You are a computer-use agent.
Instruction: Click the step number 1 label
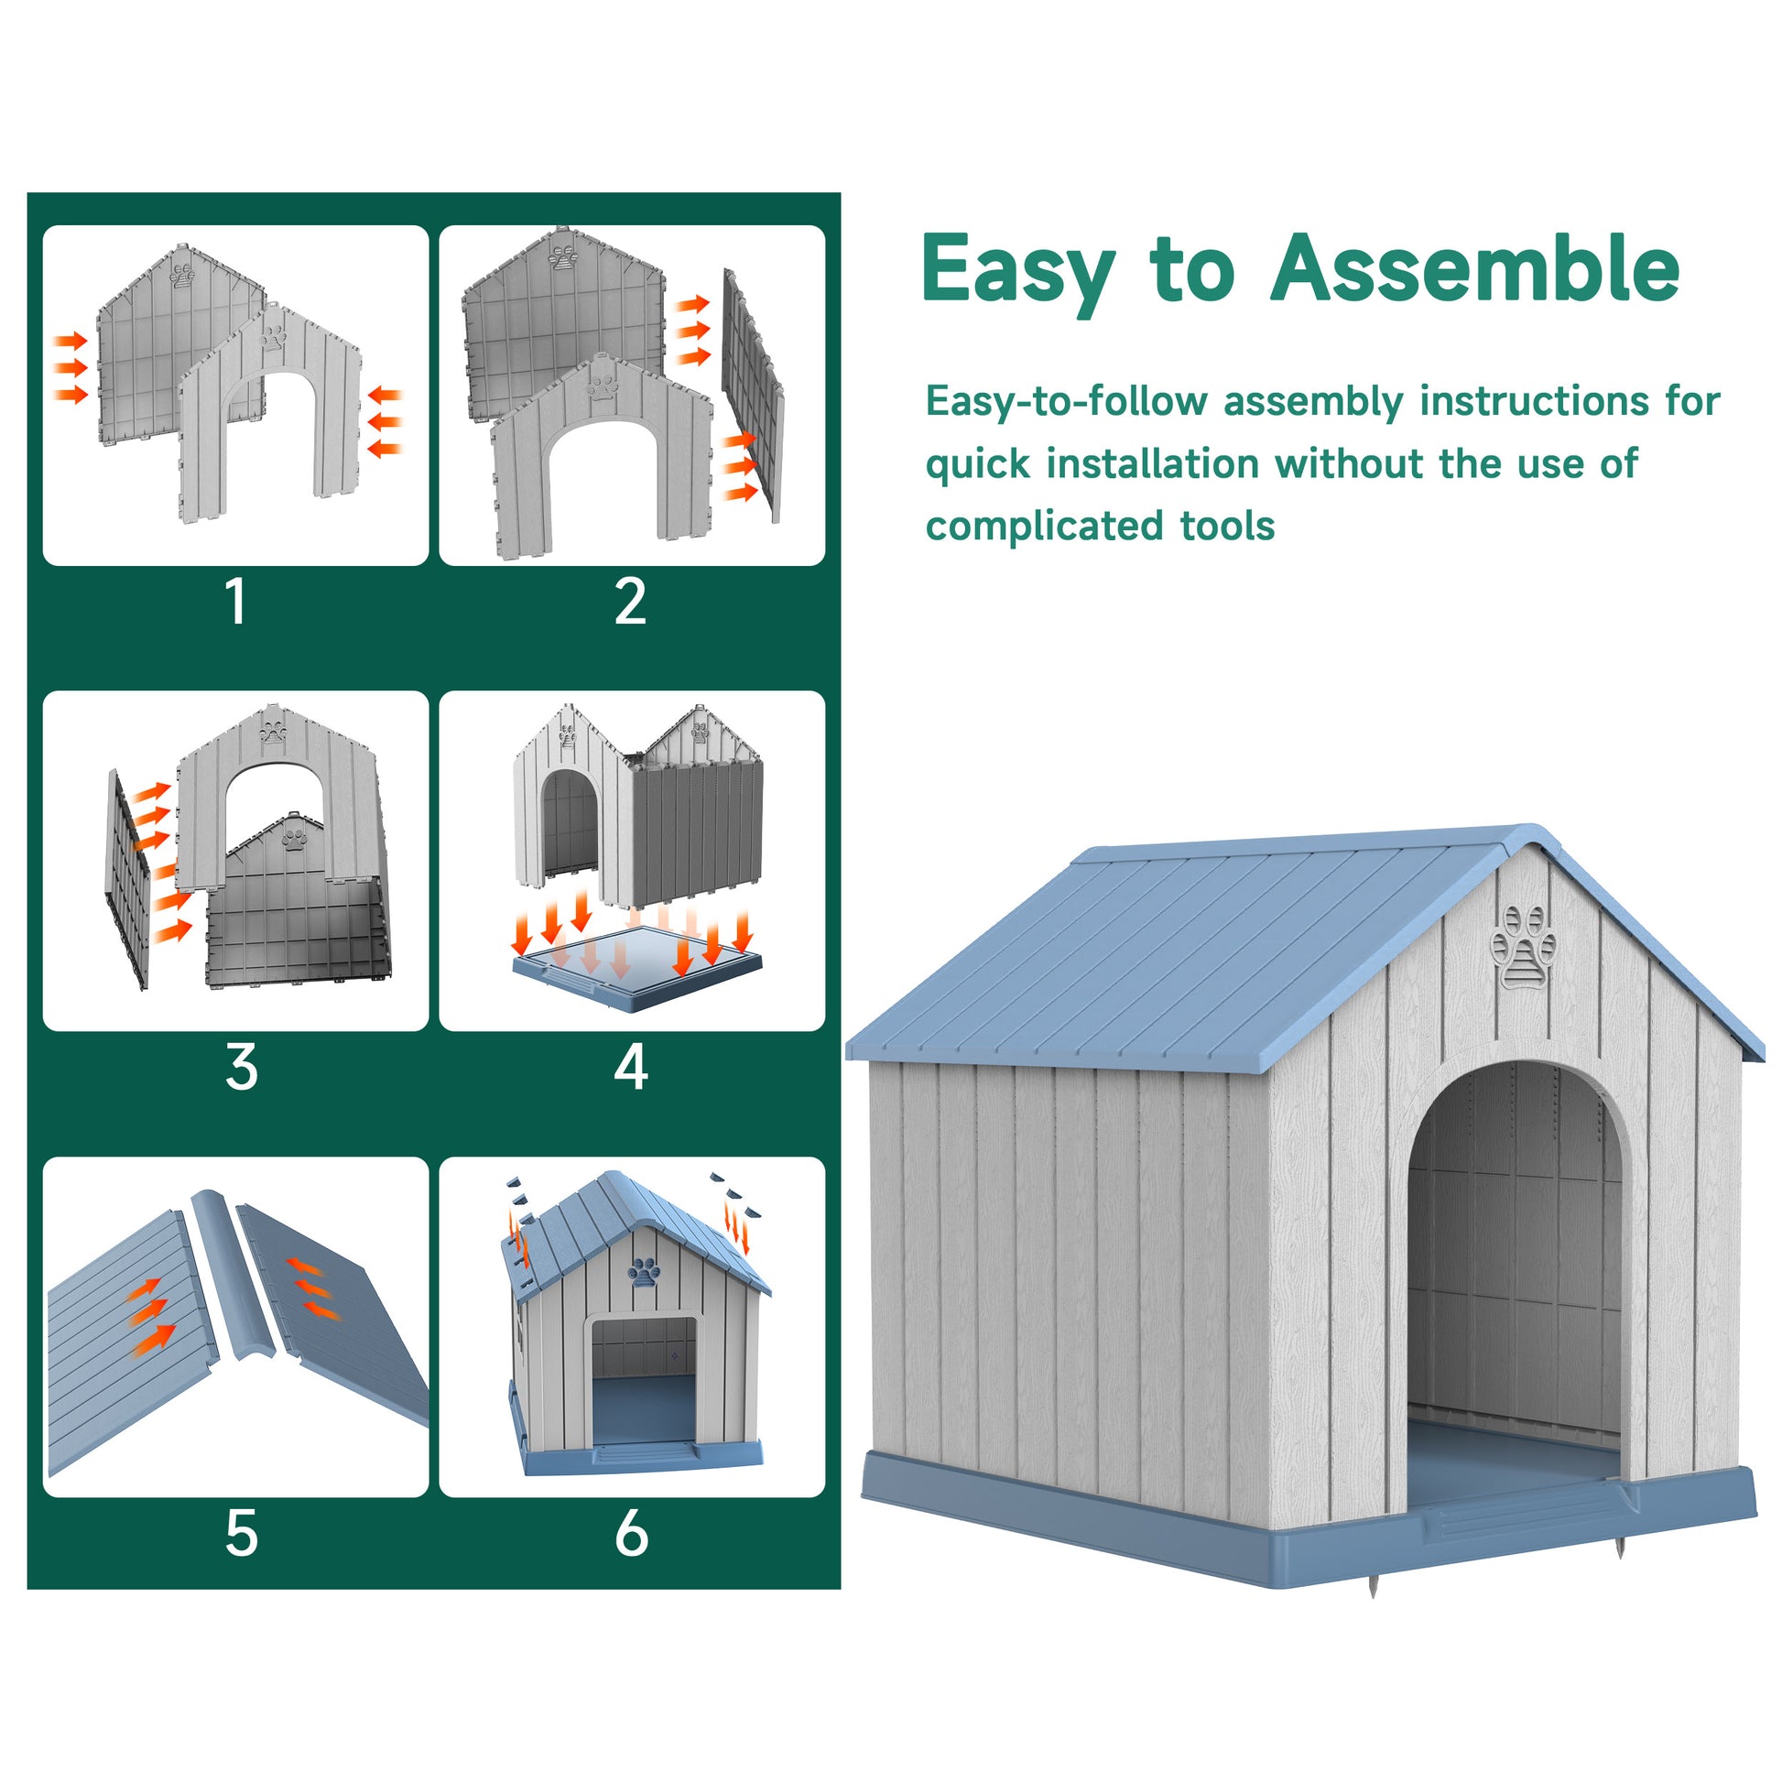click(237, 602)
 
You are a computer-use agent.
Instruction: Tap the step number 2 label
click(631, 602)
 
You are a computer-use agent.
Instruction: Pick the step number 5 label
click(242, 1534)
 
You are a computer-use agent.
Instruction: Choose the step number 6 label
click(632, 1534)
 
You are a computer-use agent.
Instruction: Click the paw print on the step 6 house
click(645, 1272)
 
